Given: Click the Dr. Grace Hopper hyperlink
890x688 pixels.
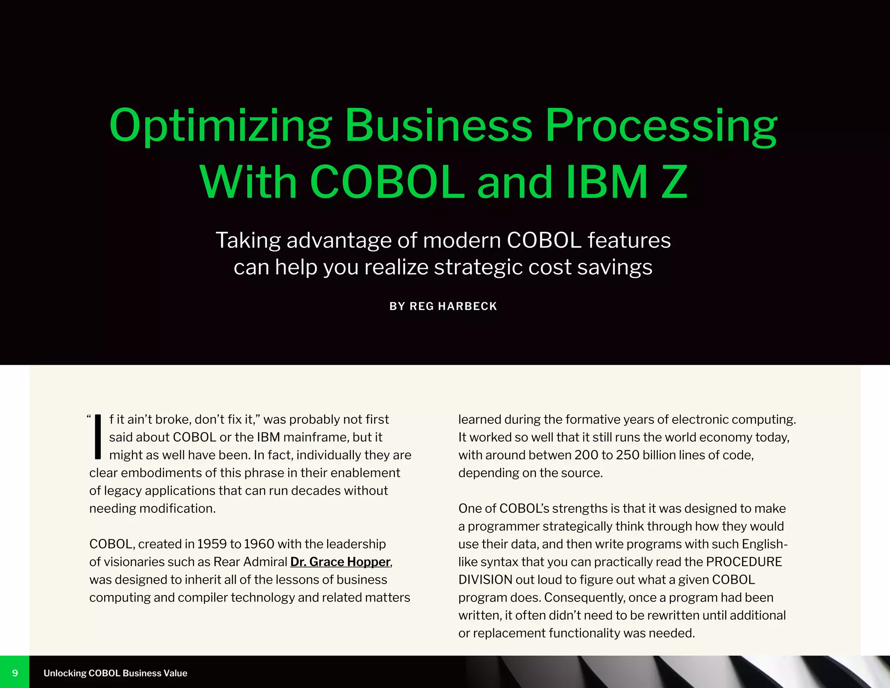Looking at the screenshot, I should point(340,562).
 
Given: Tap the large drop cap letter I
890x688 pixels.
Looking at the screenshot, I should point(98,437).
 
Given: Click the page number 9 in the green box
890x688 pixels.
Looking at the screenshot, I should point(15,673).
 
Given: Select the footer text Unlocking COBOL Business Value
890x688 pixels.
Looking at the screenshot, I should point(115,673).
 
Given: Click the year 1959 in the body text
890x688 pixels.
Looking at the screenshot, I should point(212,544).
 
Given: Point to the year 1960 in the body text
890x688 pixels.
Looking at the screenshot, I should point(259,544).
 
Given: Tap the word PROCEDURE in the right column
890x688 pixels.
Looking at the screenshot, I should point(744,562).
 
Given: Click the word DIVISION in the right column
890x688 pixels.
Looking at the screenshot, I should point(485,580).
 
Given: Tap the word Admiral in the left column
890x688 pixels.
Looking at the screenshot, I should point(265,562).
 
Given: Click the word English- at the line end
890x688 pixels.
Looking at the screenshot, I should point(764,544).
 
